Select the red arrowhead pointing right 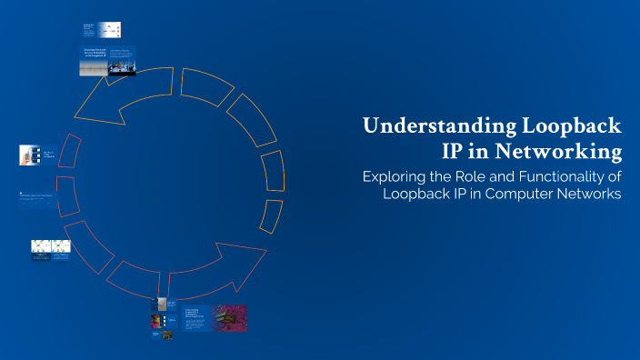pos(238,255)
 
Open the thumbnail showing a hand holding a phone pos(26,155)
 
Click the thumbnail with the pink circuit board pos(229,318)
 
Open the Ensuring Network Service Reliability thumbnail pos(107,61)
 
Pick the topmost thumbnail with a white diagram pos(108,29)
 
